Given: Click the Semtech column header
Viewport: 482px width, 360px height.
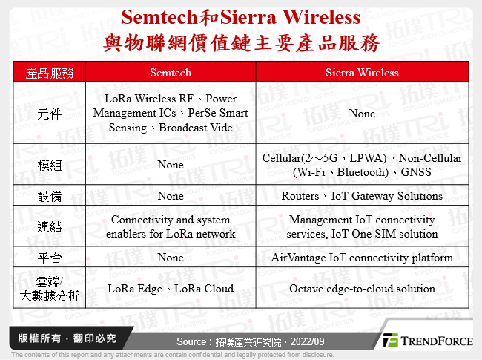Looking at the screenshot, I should coord(171,72).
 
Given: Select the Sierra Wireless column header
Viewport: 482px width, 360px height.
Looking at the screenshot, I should coord(362,72).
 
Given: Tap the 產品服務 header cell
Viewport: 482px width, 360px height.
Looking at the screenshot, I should coord(50,72).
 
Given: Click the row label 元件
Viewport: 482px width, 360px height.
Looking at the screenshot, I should coord(50,114).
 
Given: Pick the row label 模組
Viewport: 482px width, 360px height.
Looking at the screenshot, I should coord(50,165).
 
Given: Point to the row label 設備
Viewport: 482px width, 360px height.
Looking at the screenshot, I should coord(50,196).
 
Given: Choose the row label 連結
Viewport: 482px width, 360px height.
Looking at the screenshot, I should coord(50,226).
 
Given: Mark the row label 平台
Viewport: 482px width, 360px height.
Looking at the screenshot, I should coord(50,258).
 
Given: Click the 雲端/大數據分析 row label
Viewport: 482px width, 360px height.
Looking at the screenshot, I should coord(50,289).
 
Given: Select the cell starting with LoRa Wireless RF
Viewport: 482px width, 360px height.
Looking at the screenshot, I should coord(171,114).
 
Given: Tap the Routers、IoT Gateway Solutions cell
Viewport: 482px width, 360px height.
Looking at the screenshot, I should coord(362,196).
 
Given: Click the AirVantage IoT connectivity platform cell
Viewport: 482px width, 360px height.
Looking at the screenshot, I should coord(362,258).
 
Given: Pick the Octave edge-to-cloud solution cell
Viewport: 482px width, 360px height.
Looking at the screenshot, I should coord(362,289).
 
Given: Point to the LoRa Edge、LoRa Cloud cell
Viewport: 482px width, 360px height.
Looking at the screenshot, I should coord(171,289).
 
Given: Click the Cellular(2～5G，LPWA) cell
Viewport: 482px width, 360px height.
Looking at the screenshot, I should coord(362,165).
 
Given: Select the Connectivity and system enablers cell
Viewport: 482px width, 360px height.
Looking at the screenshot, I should coord(171,226).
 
